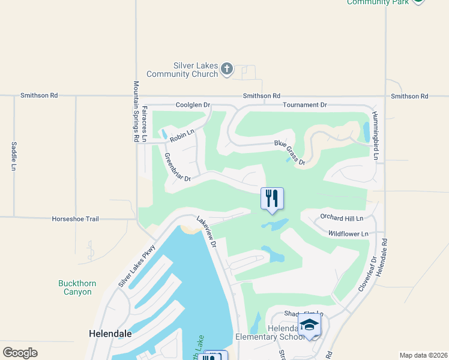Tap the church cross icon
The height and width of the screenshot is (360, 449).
227,69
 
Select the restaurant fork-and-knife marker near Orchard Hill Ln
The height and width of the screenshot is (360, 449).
272,199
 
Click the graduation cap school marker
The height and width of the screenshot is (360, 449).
309,326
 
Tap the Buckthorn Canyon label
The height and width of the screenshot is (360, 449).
75,287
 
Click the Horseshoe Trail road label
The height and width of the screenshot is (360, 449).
75,219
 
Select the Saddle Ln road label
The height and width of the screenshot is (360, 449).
13,156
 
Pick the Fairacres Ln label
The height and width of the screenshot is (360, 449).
145,123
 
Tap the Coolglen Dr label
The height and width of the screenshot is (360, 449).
193,105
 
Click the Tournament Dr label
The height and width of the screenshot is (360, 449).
305,105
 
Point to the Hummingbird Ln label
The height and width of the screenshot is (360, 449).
375,135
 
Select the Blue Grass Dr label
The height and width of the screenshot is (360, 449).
290,152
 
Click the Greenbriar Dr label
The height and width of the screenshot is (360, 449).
177,167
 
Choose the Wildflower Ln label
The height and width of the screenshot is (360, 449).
348,233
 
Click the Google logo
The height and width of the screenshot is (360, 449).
20,353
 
